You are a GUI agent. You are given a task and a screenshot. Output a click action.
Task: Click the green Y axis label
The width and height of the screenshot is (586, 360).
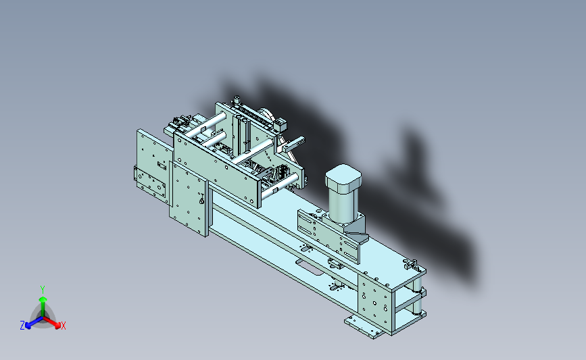point(43,290)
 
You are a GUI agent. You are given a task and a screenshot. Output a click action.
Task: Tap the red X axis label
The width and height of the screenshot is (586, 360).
point(63,326)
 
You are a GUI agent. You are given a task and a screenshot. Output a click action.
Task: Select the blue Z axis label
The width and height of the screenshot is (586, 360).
point(22,326)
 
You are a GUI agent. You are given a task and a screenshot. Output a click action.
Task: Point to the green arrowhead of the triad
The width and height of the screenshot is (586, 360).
point(43,299)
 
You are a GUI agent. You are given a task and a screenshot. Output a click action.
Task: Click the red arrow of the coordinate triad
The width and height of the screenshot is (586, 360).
point(51,323)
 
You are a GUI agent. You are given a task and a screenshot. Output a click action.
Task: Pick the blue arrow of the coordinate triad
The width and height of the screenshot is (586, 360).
point(34,322)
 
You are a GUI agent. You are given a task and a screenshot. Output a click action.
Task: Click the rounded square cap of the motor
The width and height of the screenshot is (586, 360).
point(343,176)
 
